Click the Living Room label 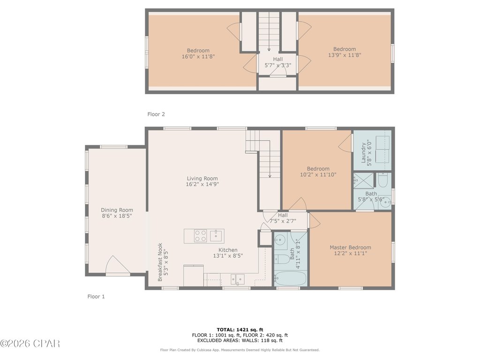(x=202, y=179)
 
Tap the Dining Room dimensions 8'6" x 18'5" (x=117, y=216)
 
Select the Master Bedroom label (x=350, y=247)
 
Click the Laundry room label (x=364, y=153)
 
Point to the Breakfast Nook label (x=160, y=262)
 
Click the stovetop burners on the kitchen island (x=201, y=236)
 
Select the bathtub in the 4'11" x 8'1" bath (x=290, y=278)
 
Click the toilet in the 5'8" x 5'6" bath (x=383, y=180)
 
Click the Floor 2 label (x=156, y=114)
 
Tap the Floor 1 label (x=96, y=296)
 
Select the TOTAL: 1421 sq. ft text (x=240, y=330)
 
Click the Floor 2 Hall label (x=278, y=59)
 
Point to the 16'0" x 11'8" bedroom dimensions (x=198, y=56)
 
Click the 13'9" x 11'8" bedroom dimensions (x=345, y=55)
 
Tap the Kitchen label (x=228, y=250)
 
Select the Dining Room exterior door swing (x=118, y=265)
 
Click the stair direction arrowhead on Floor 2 (x=269, y=49)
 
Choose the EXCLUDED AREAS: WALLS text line (x=240, y=340)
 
